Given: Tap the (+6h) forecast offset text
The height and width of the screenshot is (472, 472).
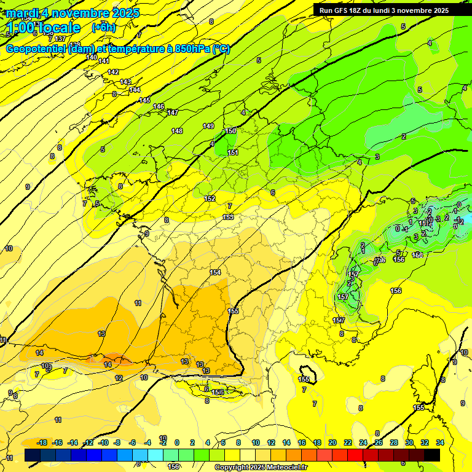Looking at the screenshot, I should pos(103,27).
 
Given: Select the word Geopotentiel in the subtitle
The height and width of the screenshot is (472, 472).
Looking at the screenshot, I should pos(35,49).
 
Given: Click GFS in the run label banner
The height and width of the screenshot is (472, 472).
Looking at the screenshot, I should pos(344,10).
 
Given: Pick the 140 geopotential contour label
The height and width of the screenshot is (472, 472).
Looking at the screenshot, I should pos(92,57).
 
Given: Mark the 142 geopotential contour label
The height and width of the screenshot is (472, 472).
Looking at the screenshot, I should pos(113,72).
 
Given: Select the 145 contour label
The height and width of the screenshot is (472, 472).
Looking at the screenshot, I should pos(144,100).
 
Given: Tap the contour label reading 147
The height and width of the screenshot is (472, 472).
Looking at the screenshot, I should pos(173,112).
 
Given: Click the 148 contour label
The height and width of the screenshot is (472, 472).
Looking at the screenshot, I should pos(177,131).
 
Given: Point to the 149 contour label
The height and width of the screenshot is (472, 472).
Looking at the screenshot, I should pos(208,126).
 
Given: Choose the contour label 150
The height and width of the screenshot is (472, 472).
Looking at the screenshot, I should pos(230,131).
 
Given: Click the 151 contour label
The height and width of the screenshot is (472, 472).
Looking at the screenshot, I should pos(233,152).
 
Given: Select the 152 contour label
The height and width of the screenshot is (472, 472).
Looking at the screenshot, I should pos(210,199).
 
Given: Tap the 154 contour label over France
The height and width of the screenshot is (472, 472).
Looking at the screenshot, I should pos(215,272).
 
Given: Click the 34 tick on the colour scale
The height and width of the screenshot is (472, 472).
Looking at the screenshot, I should pos(439,442).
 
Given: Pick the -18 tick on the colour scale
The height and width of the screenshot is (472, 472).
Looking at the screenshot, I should pos(42,442).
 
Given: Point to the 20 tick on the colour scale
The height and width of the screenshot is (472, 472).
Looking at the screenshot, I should pos(332,442).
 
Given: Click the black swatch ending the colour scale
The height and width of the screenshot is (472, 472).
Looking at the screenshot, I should pos(432,455).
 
